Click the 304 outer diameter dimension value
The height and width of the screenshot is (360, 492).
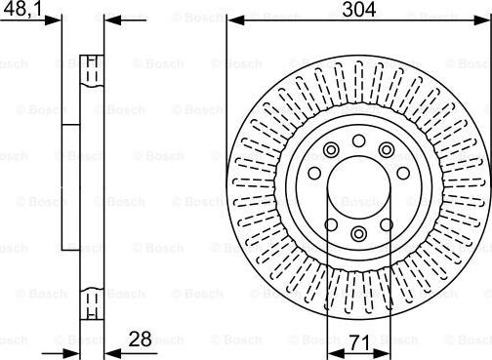[359, 9]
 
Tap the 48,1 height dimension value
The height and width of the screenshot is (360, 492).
[22, 9]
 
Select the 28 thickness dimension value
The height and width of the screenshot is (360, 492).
[140, 340]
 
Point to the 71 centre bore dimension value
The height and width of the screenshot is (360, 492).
[359, 342]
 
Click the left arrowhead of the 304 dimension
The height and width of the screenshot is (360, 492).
[235, 20]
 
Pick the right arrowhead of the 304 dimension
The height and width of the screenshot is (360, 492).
[482, 20]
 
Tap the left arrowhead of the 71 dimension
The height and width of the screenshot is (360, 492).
[336, 353]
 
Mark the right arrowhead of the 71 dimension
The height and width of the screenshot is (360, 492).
[382, 353]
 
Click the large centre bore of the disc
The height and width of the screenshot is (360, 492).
[358, 187]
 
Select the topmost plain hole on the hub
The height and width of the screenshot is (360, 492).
[358, 140]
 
